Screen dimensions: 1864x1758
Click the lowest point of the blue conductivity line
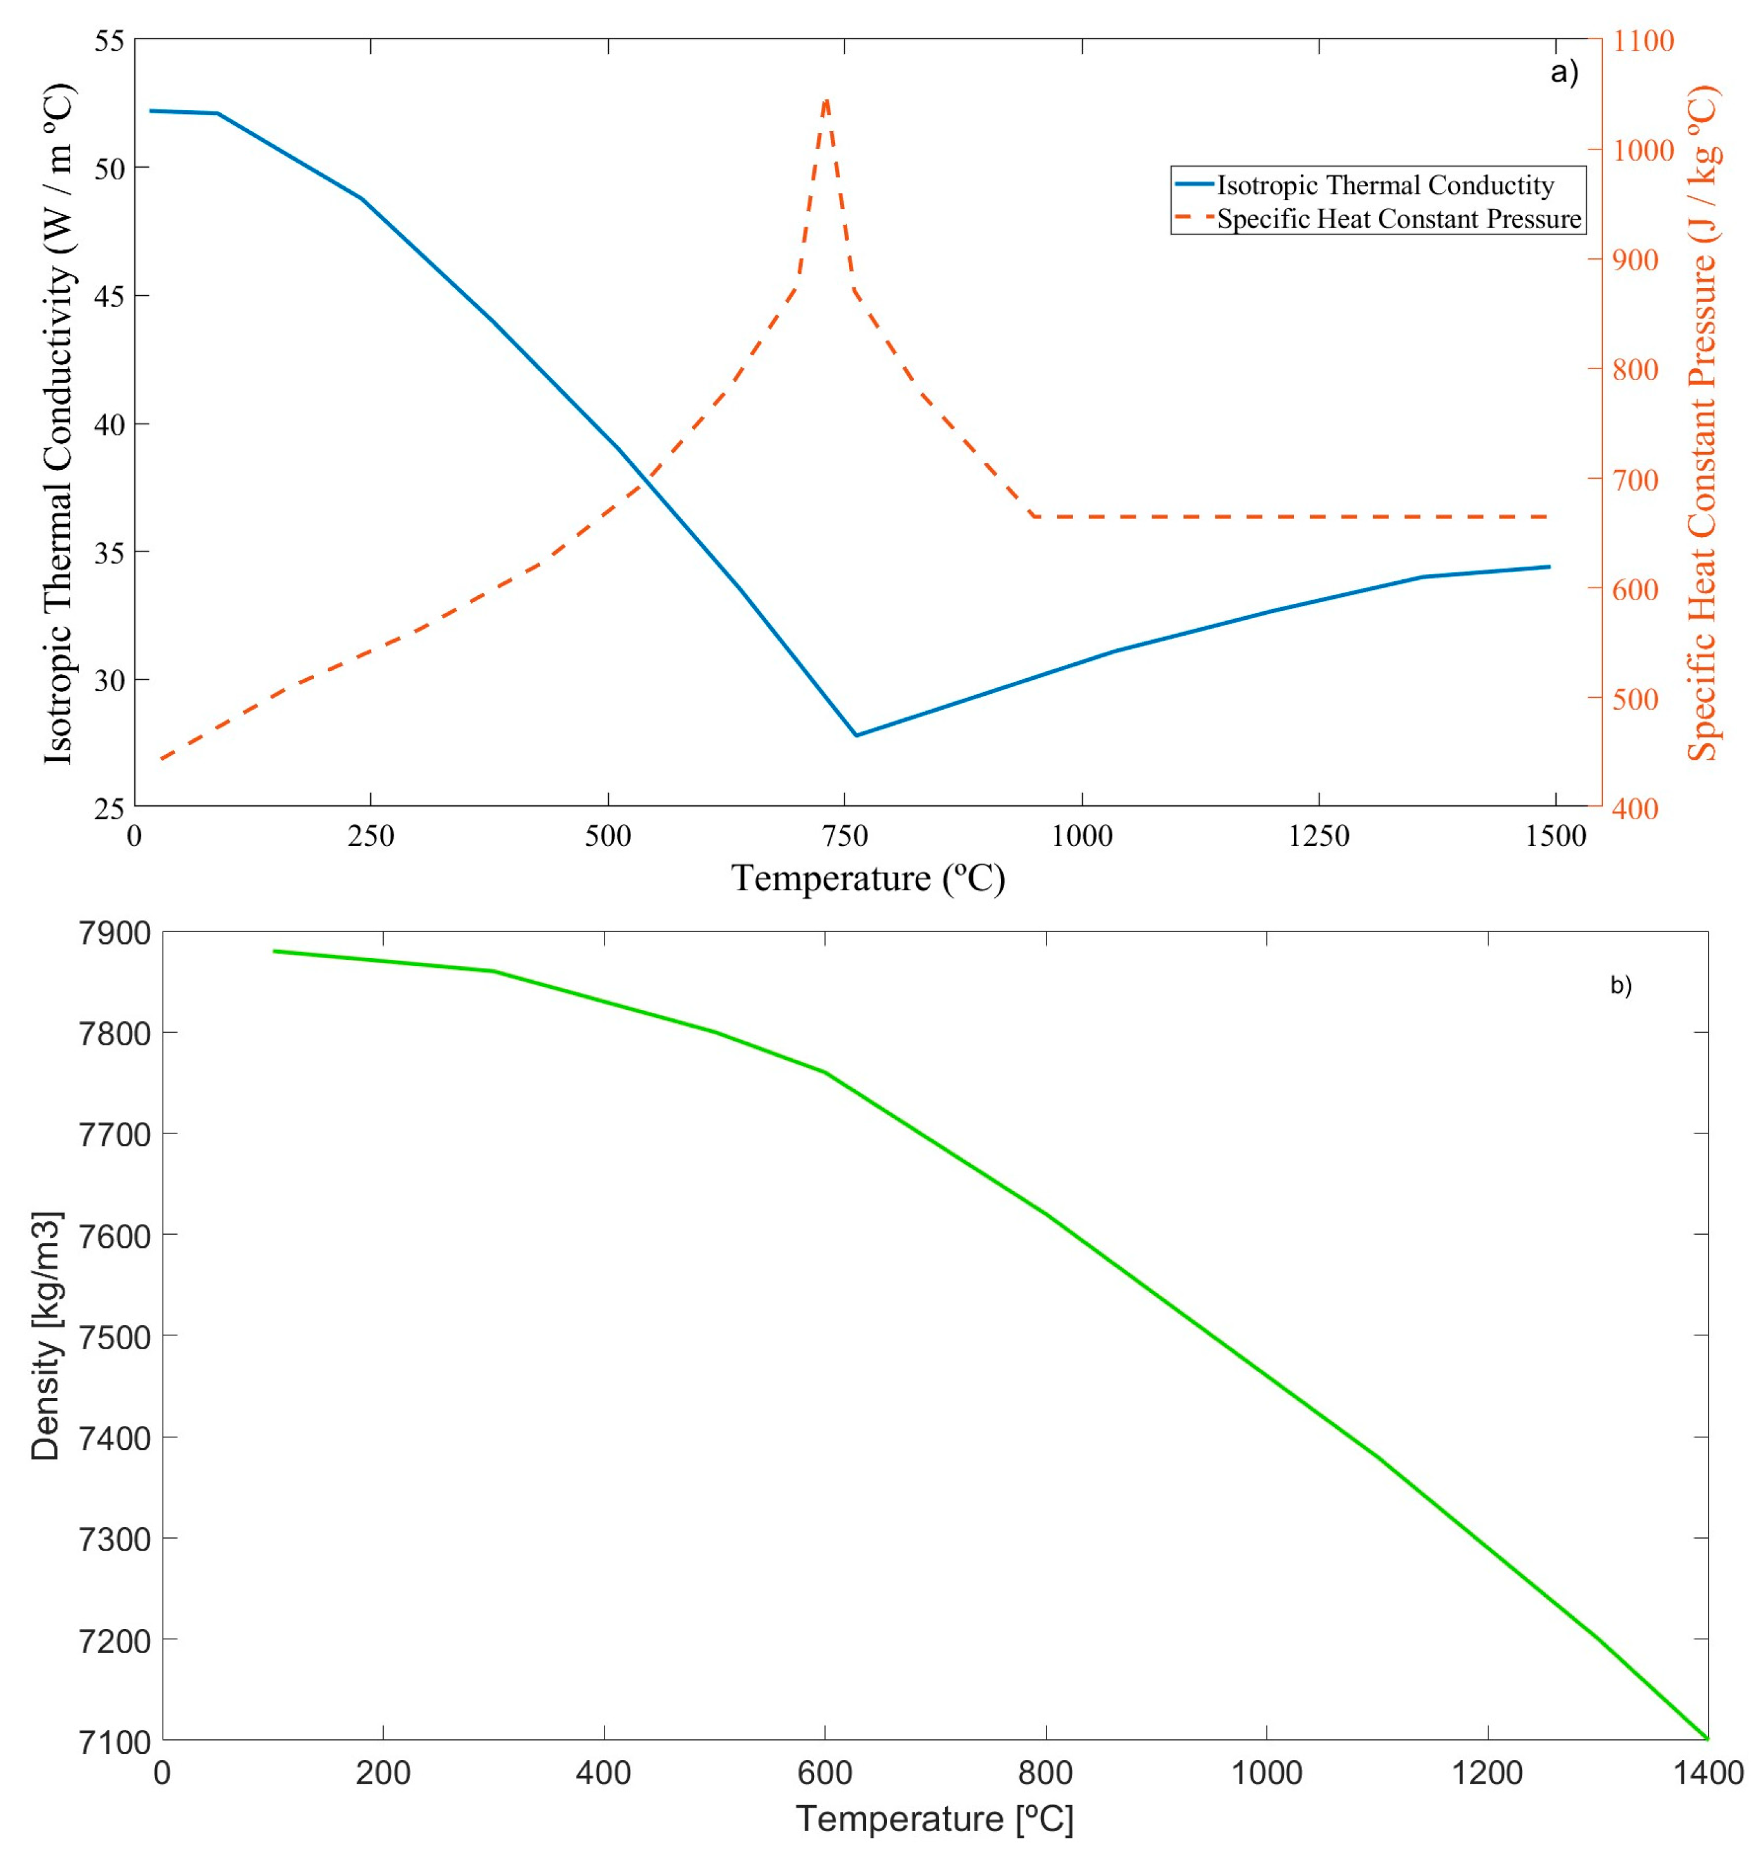(x=855, y=735)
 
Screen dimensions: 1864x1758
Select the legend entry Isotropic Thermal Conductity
(x=1385, y=186)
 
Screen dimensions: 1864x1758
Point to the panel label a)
(x=1564, y=72)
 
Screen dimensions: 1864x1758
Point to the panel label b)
(x=1620, y=985)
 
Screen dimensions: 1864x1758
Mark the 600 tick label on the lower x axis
(x=824, y=1773)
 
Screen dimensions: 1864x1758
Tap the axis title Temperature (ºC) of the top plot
(x=867, y=879)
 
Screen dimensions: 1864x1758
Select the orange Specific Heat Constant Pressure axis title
(x=1702, y=422)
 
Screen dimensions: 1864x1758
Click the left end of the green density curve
(x=273, y=951)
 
